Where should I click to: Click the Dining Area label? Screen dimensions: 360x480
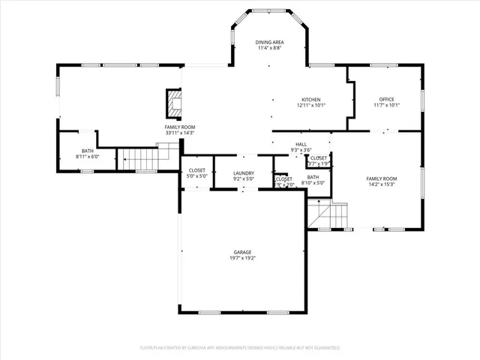coord(268,43)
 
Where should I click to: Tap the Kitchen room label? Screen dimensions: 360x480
coord(311,100)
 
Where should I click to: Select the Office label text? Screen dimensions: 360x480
coord(387,100)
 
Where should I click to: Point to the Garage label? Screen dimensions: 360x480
coord(242,252)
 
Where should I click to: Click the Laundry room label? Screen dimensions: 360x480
coord(244,173)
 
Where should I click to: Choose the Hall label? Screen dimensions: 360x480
coord(301,145)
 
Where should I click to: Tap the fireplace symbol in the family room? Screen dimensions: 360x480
coord(174,104)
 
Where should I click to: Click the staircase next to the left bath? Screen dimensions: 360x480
coord(138,158)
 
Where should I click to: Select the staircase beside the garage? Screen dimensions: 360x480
coord(329,215)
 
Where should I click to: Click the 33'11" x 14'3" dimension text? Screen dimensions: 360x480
coord(180,133)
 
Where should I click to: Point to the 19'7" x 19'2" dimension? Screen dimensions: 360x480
coord(242,258)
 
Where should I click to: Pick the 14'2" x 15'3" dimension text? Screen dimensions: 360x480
coord(382,184)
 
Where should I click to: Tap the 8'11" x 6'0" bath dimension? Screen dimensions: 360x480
coord(88,157)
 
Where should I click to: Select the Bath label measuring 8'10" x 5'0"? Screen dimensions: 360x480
coord(313,176)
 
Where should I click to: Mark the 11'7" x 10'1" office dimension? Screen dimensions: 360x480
coord(387,106)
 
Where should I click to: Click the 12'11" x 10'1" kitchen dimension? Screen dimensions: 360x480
coord(311,106)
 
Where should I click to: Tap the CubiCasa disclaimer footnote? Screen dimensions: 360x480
coord(240,348)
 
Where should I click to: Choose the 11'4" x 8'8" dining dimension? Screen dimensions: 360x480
coord(268,49)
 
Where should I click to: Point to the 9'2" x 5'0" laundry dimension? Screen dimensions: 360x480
coord(244,179)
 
